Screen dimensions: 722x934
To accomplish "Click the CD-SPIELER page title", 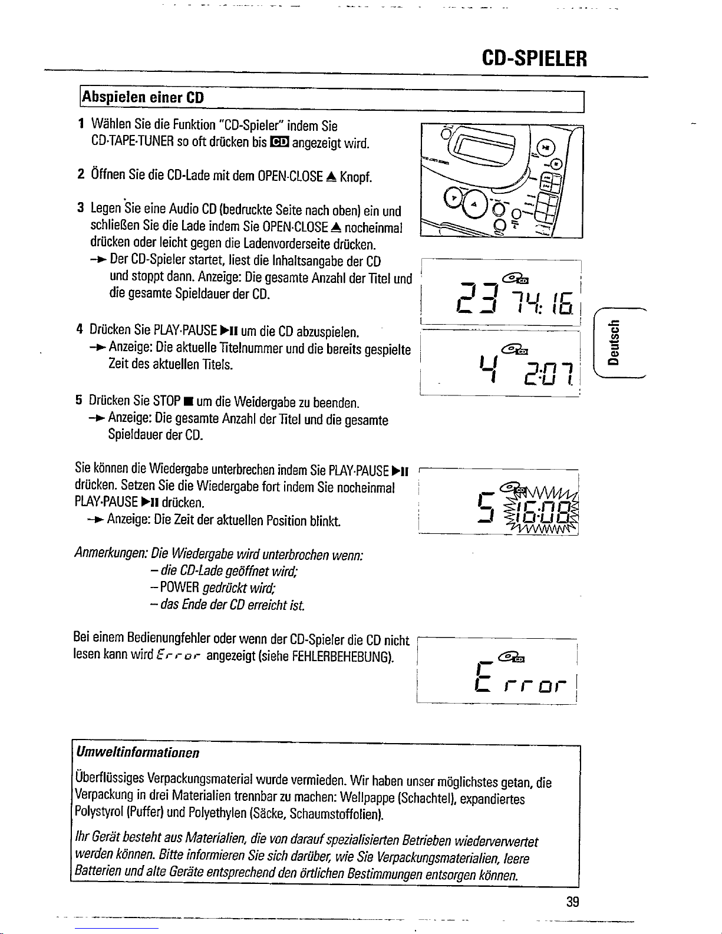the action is coord(534,58).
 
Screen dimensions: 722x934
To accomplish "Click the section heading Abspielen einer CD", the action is coord(143,98).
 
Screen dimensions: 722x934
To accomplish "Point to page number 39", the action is coord(572,902).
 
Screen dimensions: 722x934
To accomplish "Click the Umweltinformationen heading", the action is coord(137,752).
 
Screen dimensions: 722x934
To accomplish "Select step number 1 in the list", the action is coord(81,124).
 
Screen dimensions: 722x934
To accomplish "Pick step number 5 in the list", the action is coord(78,400).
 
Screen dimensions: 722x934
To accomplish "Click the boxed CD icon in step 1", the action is coord(279,142).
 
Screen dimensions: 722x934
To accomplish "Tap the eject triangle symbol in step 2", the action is coord(331,176).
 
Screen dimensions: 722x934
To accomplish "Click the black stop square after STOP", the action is coord(187,402).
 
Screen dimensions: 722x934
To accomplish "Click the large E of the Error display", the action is coord(484,677).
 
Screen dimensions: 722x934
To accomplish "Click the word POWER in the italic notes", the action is coord(179,588).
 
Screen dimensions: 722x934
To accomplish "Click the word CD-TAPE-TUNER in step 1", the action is coord(133,141).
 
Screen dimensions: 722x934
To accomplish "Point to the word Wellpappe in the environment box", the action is coord(367,798).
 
